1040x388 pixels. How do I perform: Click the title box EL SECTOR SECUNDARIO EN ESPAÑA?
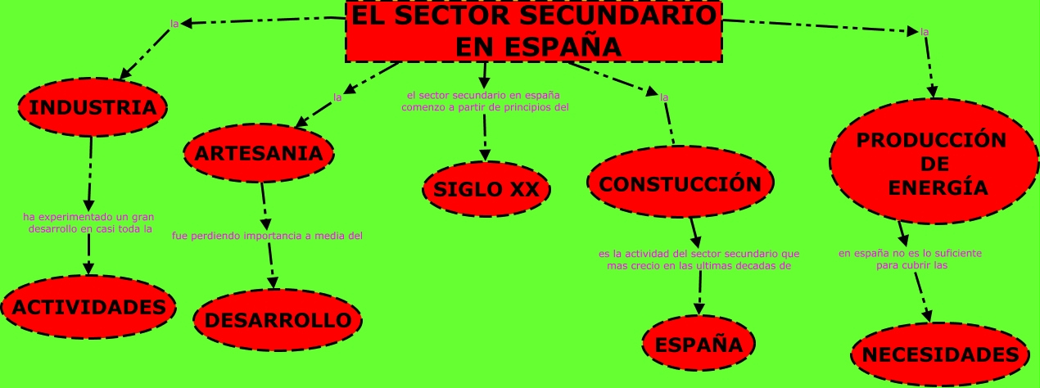coord(533,31)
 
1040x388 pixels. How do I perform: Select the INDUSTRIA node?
coord(93,107)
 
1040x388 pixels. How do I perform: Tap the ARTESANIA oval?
coord(259,153)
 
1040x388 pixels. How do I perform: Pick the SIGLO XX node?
coord(486,189)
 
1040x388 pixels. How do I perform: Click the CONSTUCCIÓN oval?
coord(681,183)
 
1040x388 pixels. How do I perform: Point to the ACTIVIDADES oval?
coord(89,307)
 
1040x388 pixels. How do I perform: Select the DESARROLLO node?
coord(278,320)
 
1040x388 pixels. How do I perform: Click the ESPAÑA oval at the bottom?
coord(699,344)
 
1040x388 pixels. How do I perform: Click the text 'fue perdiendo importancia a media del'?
coord(267,236)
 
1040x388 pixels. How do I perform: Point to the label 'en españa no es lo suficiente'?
coord(910,254)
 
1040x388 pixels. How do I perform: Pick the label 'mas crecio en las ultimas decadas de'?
coord(699,265)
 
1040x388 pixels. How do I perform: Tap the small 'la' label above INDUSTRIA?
coord(174,24)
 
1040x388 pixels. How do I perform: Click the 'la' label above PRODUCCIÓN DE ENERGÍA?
coord(925,32)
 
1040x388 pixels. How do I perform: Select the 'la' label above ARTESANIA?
coord(337,97)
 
